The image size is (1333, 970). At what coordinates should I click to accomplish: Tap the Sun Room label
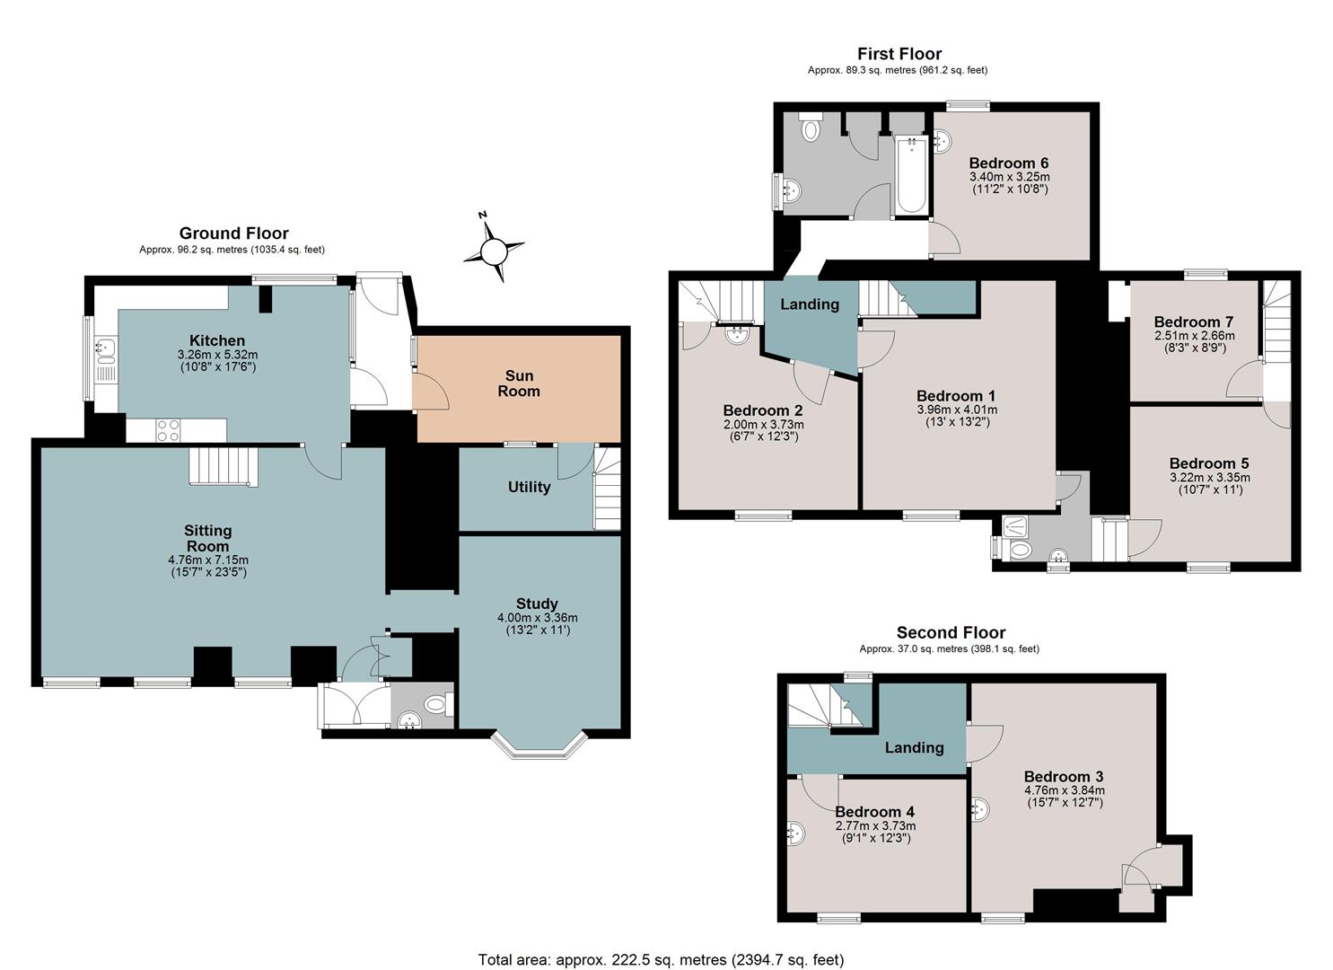(x=519, y=384)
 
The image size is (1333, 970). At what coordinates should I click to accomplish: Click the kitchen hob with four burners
(x=168, y=430)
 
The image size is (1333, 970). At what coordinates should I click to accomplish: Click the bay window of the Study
(x=539, y=745)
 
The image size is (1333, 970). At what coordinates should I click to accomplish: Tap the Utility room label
(x=529, y=487)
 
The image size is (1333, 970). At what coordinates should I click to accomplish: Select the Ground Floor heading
(x=234, y=233)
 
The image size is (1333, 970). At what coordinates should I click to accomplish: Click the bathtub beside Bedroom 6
(x=911, y=175)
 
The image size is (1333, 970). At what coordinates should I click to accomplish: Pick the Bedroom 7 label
(x=1194, y=322)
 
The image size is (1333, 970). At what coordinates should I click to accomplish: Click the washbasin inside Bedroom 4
(x=795, y=833)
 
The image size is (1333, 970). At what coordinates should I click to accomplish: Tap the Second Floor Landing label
(x=914, y=748)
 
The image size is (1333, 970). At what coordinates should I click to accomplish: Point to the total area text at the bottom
(x=662, y=943)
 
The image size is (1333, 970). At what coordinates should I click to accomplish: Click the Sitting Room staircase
(x=224, y=467)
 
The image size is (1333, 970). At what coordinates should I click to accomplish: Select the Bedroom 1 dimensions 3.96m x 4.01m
(x=957, y=410)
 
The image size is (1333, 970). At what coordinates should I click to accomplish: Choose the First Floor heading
(x=899, y=54)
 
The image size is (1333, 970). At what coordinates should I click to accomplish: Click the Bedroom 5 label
(x=1209, y=463)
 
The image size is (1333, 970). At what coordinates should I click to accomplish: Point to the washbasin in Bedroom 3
(x=979, y=810)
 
